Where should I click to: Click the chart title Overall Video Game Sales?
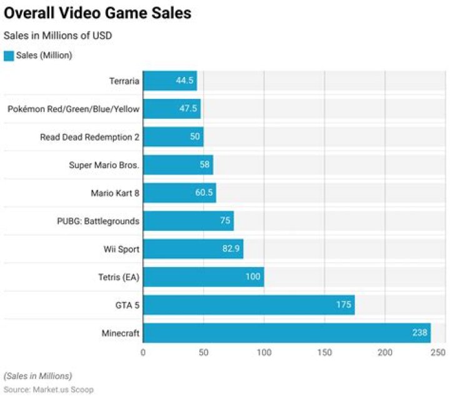(x=97, y=13)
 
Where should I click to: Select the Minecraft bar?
(x=287, y=333)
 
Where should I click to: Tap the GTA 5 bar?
(x=249, y=305)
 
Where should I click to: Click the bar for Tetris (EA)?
(x=204, y=277)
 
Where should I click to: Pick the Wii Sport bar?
(x=193, y=249)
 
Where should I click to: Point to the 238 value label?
(x=419, y=333)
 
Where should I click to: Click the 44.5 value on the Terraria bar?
(x=184, y=81)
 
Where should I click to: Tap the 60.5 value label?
(x=204, y=193)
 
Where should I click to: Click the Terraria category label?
(x=124, y=81)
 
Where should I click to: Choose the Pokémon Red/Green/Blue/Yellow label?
(x=73, y=109)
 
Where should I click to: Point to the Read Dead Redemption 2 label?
(x=89, y=137)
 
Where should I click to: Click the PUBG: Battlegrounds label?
(x=98, y=221)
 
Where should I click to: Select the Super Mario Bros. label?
(x=104, y=165)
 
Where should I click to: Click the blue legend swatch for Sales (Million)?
(x=9, y=56)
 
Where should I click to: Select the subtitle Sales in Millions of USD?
(x=58, y=36)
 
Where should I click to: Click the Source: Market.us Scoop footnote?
(x=49, y=390)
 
